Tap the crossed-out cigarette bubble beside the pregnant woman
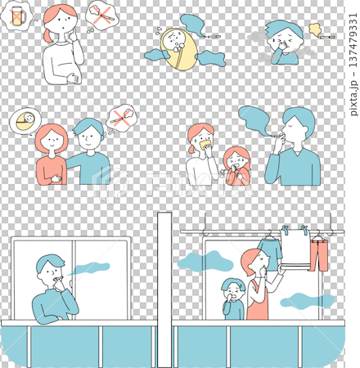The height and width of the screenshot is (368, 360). pos(102,16)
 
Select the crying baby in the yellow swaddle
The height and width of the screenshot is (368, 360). pos(179,49)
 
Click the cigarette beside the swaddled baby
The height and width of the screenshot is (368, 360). pos(214,36)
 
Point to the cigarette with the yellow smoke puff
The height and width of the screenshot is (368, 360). pos(327,37)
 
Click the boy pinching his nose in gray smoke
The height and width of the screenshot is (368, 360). pos(285,43)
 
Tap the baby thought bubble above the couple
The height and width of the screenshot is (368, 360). pos(25,121)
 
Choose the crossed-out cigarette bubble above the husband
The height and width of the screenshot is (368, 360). pos(121,119)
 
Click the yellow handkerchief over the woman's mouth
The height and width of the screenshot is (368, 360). pos(206,145)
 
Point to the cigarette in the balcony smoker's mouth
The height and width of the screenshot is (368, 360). pos(59,278)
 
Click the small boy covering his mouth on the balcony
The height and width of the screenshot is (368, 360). pos(234,298)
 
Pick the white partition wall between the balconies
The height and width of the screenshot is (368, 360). pos(164,289)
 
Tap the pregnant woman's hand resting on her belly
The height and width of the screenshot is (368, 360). pos(73,79)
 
